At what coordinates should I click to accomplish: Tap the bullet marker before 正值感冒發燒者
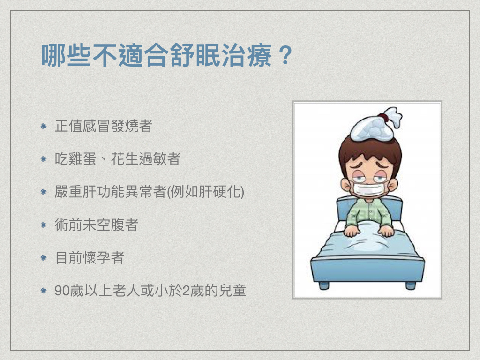[44, 126]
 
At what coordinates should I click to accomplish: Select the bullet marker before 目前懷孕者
[44, 258]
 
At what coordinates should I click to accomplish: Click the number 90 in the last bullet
[62, 291]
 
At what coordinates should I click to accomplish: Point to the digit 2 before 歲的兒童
[186, 291]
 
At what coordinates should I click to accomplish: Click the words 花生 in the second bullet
[125, 159]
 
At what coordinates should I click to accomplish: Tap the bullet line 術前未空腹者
[97, 225]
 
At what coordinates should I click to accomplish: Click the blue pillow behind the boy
[370, 208]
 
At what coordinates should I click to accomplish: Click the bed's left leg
[323, 285]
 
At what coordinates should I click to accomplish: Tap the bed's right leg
[411, 285]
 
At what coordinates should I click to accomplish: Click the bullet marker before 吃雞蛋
[44, 159]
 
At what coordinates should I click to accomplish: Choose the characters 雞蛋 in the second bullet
[82, 159]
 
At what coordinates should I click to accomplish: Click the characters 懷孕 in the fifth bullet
[97, 258]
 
